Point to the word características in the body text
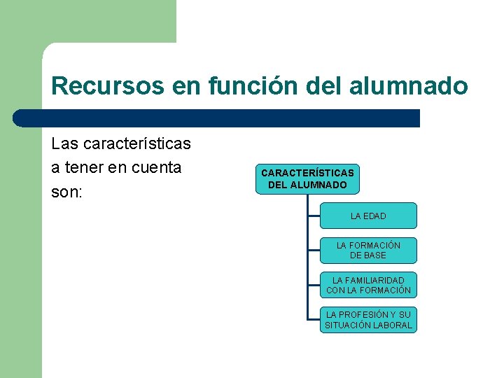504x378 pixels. coord(136,144)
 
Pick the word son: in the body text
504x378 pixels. coord(67,192)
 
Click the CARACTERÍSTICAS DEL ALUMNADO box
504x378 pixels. coord(307,178)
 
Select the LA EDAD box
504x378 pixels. coord(368,216)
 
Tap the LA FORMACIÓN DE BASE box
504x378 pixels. coord(368,250)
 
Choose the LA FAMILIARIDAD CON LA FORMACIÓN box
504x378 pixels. coord(368,285)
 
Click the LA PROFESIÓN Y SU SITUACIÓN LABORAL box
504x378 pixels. coord(368,320)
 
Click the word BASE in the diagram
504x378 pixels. coord(374,255)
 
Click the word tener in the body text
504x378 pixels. coord(86,168)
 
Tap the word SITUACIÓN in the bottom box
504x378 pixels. coord(348,325)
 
